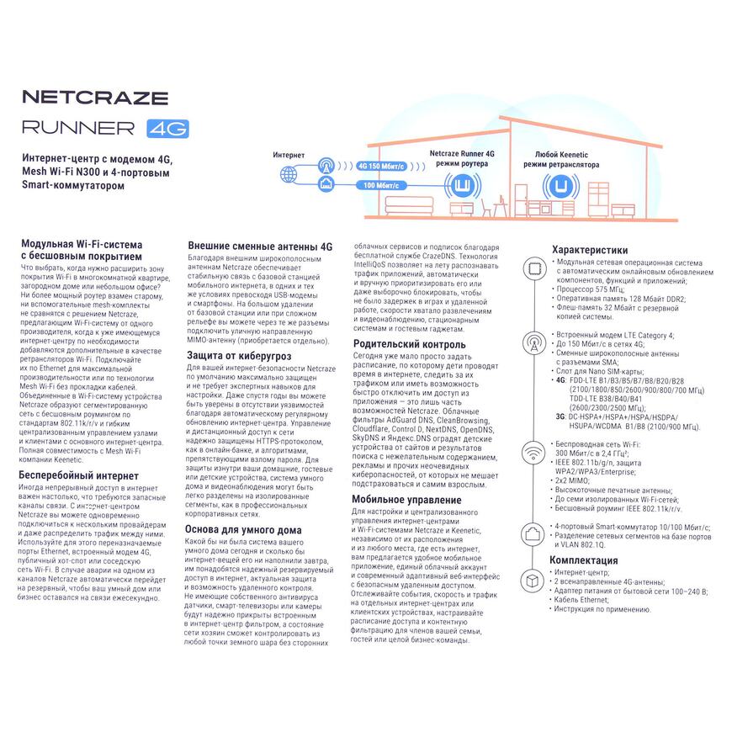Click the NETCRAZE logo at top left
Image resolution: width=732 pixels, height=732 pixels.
coord(95,97)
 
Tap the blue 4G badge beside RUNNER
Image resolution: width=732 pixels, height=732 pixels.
coord(167,129)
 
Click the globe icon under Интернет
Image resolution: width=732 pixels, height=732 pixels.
coord(289,175)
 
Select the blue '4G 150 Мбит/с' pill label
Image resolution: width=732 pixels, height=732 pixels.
coord(381,167)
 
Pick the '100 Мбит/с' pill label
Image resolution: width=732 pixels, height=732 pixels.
coord(381,185)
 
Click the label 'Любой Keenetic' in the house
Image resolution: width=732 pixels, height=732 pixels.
coord(561,155)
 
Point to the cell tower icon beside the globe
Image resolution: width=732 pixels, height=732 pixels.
coord(326,165)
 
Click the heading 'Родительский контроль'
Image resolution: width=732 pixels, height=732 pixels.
coord(409,344)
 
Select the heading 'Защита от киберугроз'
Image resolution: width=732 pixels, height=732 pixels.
coord(239,356)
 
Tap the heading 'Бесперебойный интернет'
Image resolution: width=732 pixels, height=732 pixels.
coord(78,475)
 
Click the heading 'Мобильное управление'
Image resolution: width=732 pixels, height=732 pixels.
coord(406,500)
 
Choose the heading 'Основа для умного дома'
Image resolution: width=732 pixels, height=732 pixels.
coord(243,530)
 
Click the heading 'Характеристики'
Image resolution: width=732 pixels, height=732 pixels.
coord(590,250)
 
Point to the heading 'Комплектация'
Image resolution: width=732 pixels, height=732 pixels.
coord(584,560)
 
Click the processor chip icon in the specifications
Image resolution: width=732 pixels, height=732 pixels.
coord(534,268)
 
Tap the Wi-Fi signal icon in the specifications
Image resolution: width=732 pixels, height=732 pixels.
coord(533,452)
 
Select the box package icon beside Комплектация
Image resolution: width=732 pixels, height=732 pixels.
coord(532,581)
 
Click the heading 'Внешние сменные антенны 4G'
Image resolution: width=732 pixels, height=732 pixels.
coord(260,247)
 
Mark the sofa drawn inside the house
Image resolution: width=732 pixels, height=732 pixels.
coord(409,206)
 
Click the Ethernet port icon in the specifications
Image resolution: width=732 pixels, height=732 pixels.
coord(533,533)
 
